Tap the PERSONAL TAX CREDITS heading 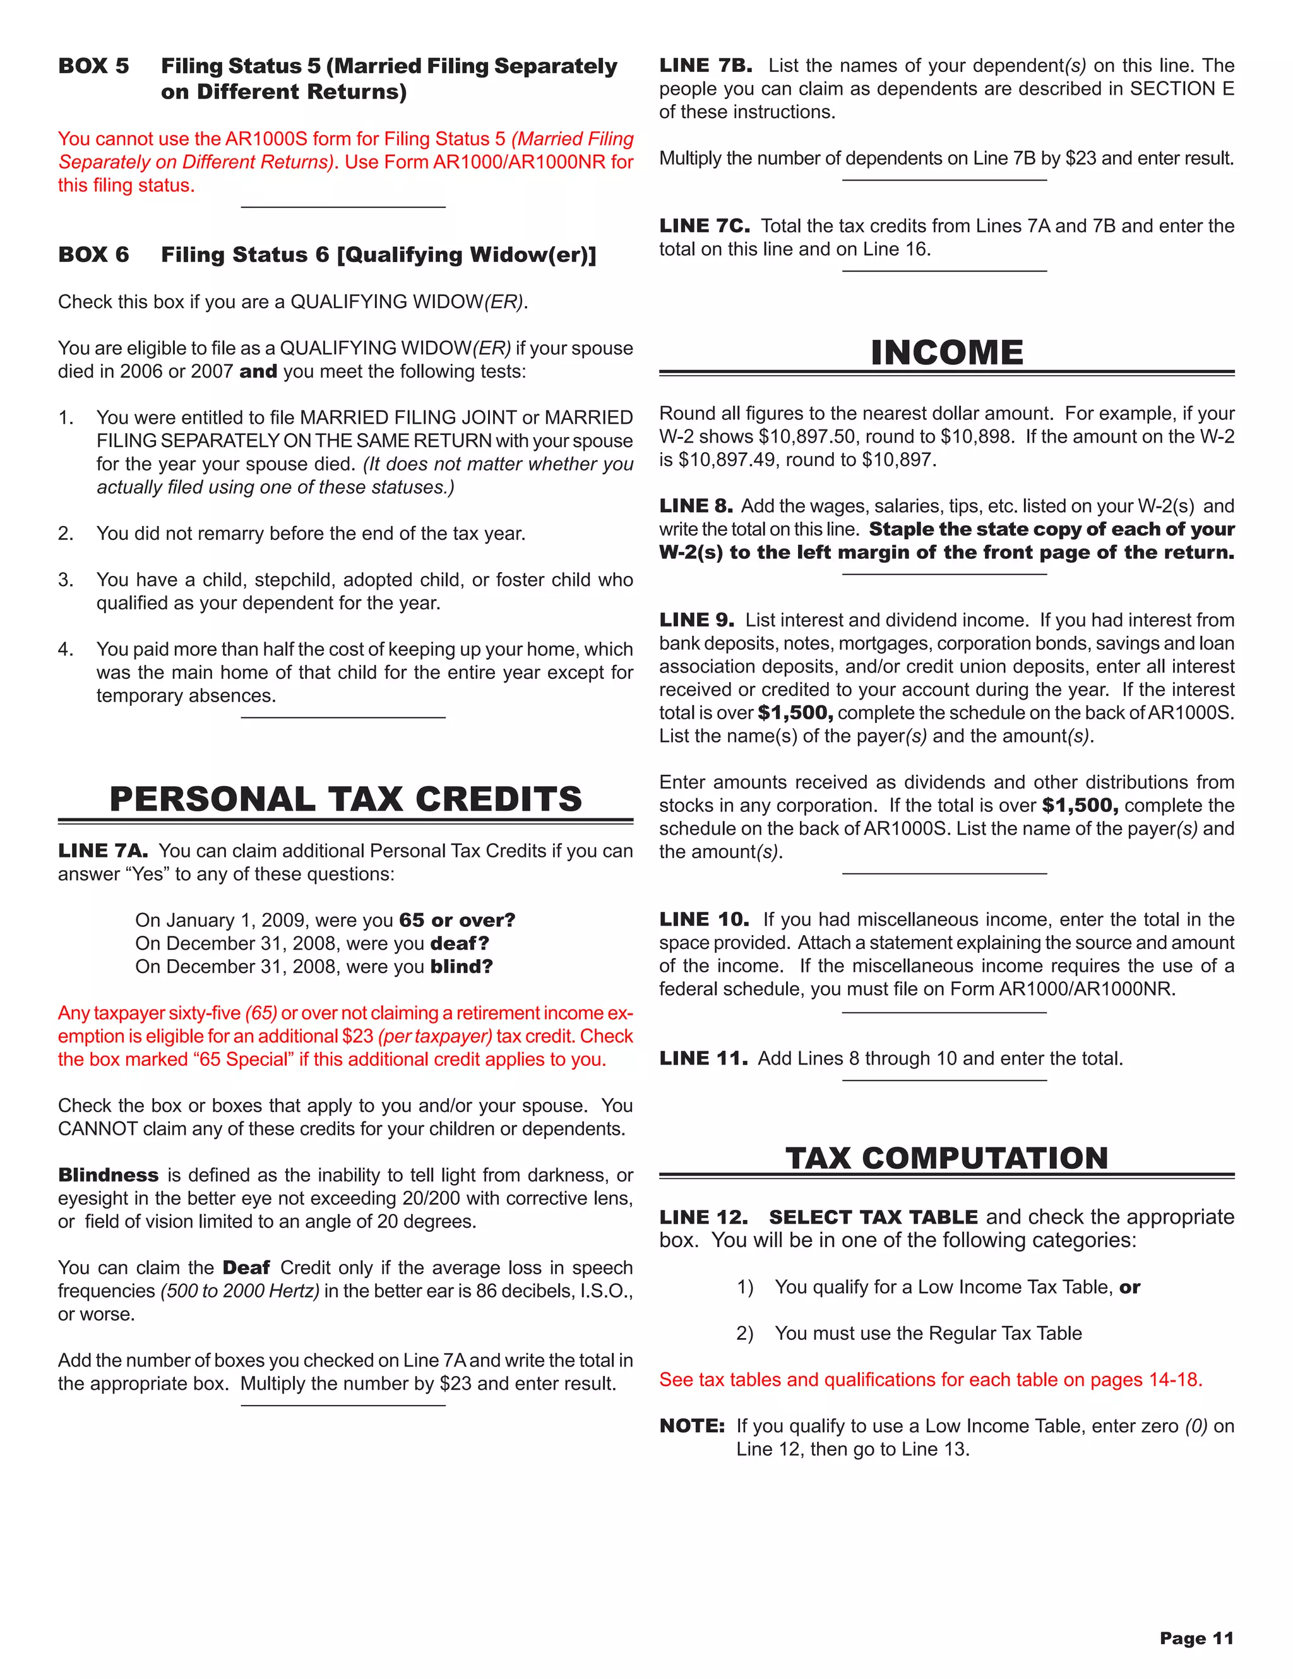[346, 799]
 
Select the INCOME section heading [946, 353]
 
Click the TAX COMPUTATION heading [946, 1158]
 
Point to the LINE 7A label [103, 851]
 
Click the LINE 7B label [705, 66]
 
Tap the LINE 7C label [704, 226]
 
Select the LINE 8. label [696, 506]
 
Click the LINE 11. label [703, 1058]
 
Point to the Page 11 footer [1196, 1638]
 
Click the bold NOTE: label [692, 1426]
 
